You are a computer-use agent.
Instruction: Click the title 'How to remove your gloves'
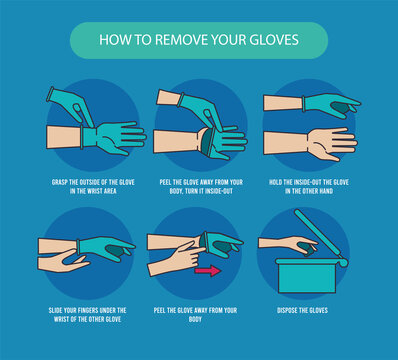click(x=198, y=41)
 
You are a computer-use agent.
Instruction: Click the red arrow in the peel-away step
click(x=208, y=270)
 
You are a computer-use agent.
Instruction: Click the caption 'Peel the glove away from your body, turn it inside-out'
click(x=198, y=187)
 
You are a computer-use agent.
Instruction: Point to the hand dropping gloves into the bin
click(x=288, y=243)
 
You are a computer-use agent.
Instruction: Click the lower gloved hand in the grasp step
click(x=115, y=137)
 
